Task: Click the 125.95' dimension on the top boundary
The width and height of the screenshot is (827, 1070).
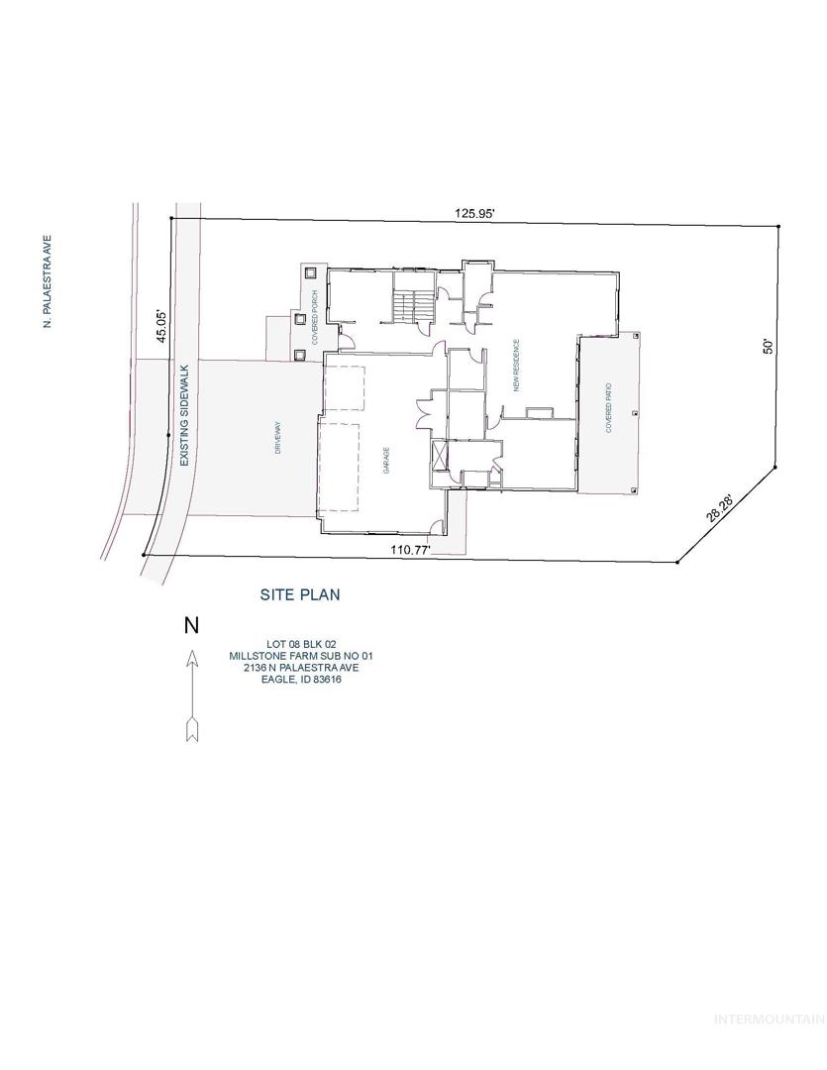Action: pos(474,214)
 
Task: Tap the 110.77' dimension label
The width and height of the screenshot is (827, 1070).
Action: pos(410,549)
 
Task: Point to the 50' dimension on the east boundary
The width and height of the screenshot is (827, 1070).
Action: pos(768,346)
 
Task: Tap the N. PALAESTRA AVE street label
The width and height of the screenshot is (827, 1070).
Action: pos(48,281)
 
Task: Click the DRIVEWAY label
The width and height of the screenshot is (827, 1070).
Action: pos(277,438)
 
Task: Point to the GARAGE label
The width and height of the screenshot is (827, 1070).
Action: pos(385,460)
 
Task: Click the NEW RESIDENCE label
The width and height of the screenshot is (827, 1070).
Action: pos(517,366)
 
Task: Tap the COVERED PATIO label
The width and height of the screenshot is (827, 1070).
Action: pos(609,408)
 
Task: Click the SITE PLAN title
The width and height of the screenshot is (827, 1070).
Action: pos(300,594)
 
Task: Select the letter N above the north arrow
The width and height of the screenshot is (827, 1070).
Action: pos(192,625)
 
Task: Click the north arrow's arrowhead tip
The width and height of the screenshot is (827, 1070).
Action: pos(192,650)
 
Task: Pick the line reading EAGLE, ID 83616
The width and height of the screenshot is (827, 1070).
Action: pos(302,680)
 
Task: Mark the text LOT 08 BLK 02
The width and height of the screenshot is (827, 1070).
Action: pos(301,644)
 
